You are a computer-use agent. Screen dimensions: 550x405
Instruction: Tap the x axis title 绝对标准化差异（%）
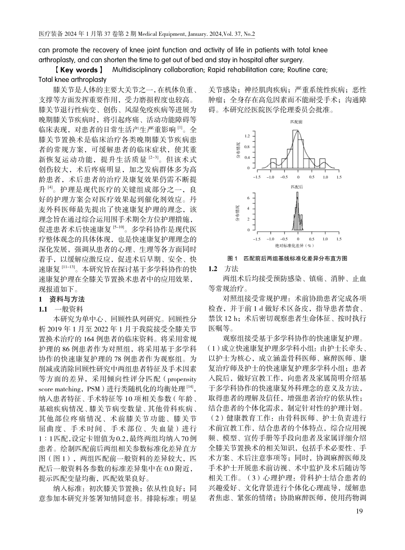click(x=297, y=246)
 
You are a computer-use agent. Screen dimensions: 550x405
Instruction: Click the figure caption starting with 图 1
click(x=287, y=258)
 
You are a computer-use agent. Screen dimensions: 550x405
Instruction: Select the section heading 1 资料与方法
click(x=62, y=299)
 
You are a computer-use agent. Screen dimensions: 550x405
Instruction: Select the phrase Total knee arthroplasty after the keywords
click(x=72, y=80)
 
